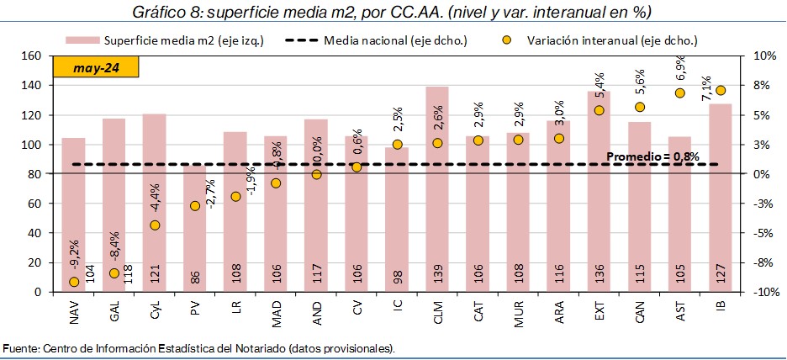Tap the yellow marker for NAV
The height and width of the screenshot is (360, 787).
pyautogui.click(x=74, y=282)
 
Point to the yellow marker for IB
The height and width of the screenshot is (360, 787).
pyautogui.click(x=721, y=90)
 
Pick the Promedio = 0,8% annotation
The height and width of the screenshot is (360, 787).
pyautogui.click(x=652, y=156)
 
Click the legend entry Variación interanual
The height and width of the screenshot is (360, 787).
pyautogui.click(x=611, y=40)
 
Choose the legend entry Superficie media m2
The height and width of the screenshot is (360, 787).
pyautogui.click(x=183, y=40)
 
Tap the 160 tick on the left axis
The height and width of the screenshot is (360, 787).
pyautogui.click(x=32, y=56)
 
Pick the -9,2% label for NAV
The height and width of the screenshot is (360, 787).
pyautogui.click(x=73, y=254)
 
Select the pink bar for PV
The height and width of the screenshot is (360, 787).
pyautogui.click(x=194, y=228)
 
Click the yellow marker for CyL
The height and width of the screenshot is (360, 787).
pyautogui.click(x=155, y=225)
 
